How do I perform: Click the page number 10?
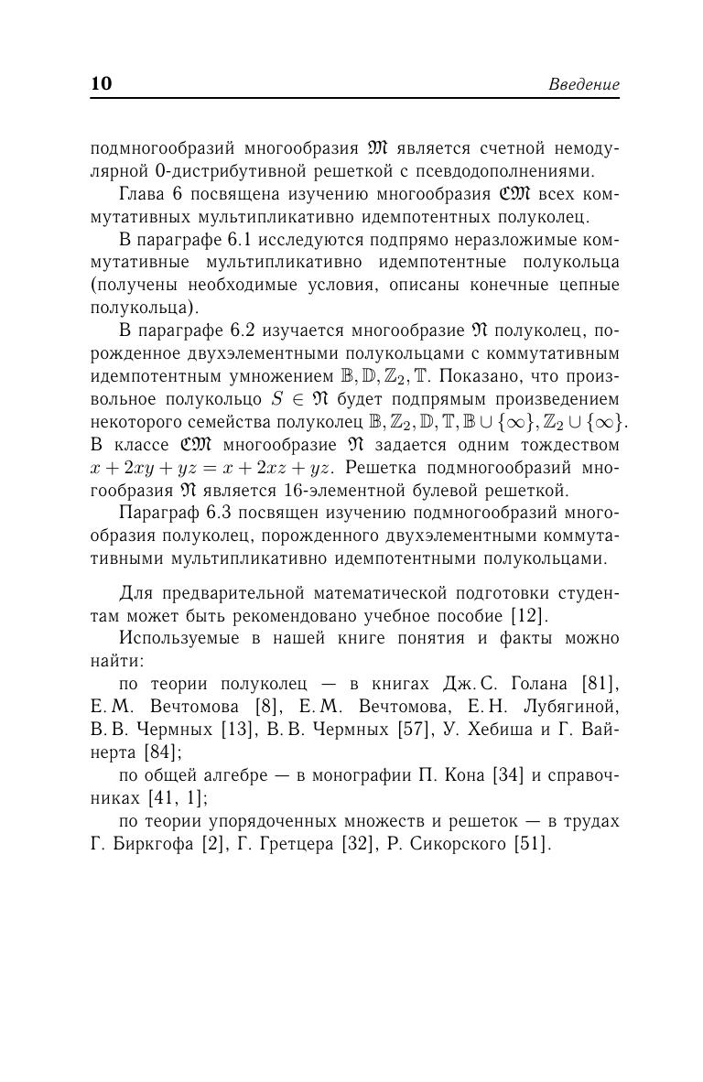click(101, 84)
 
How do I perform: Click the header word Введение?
click(584, 85)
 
